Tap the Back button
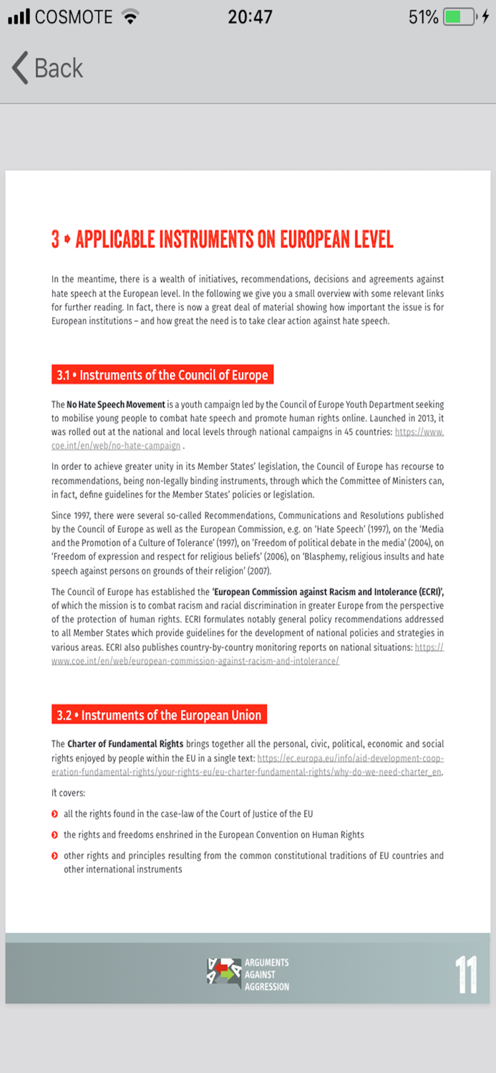pos(47,69)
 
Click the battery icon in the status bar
pos(459,17)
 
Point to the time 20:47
pos(250,17)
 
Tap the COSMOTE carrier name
pos(74,17)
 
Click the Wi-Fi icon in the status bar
pos(130,17)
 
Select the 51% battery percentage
pos(423,17)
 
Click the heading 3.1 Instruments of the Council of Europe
pos(162,375)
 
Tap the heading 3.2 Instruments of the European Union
pos(159,715)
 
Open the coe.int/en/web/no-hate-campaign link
pos(116,446)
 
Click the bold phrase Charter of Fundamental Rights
pos(125,744)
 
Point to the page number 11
pos(466,974)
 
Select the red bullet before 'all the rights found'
pos(55,814)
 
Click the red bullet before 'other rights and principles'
pos(55,856)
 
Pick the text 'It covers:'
pos(68,793)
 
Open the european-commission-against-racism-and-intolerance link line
pos(195,661)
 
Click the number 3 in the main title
pos(55,239)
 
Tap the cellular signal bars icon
pos(19,17)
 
